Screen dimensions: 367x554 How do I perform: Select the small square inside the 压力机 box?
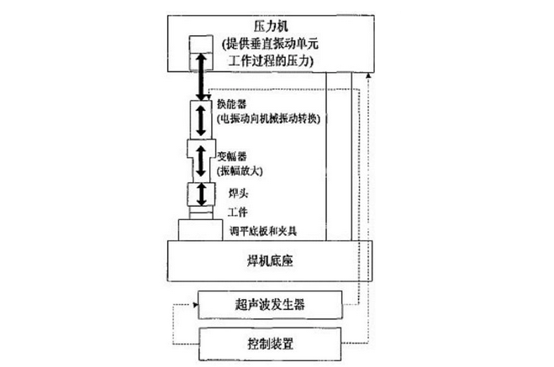point(202,46)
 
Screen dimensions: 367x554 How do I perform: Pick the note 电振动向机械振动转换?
point(270,119)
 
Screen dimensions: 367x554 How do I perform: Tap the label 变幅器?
point(232,157)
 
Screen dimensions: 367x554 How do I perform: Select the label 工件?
point(227,213)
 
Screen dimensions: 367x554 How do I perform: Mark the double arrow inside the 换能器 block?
point(200,118)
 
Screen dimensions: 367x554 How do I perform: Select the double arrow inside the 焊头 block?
point(200,196)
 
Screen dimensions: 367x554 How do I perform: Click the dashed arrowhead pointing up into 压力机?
point(366,76)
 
